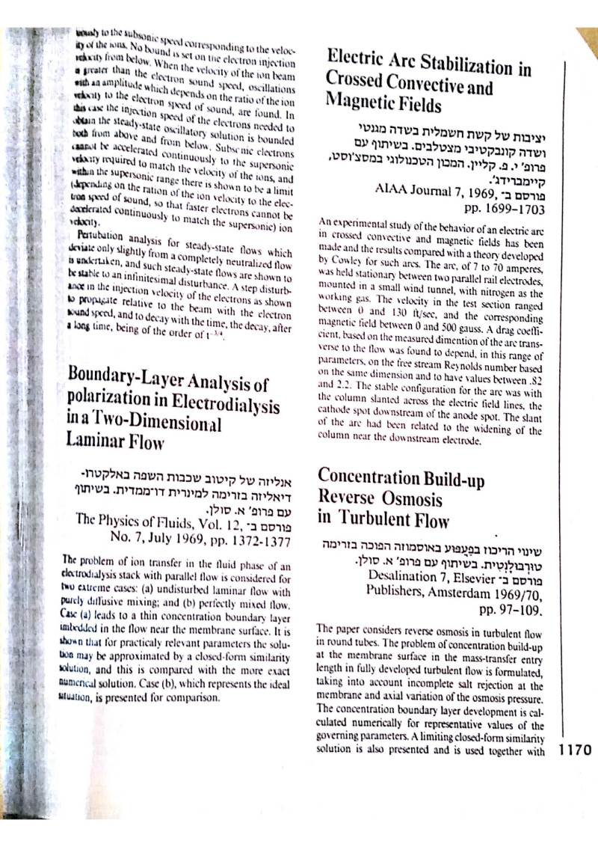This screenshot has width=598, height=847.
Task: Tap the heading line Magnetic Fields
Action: pyautogui.click(x=384, y=100)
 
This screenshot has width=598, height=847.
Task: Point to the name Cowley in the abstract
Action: pyautogui.click(x=345, y=263)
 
